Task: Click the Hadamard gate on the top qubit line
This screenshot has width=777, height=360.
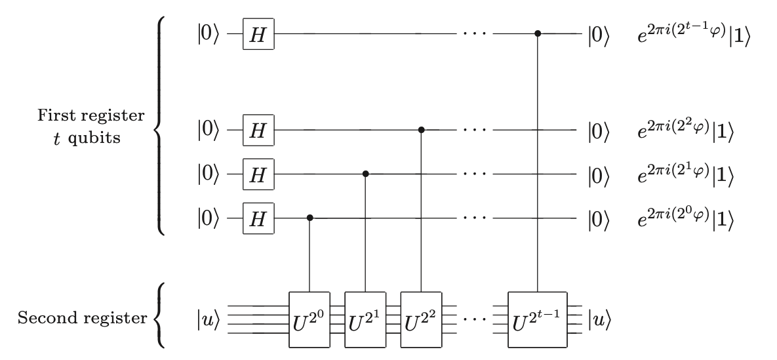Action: click(x=258, y=33)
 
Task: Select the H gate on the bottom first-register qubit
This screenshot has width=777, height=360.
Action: click(x=258, y=218)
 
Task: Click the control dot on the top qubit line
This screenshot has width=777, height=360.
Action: click(x=538, y=33)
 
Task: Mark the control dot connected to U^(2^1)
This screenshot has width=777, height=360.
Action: click(x=365, y=174)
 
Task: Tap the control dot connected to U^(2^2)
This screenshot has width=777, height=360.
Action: click(x=421, y=130)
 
